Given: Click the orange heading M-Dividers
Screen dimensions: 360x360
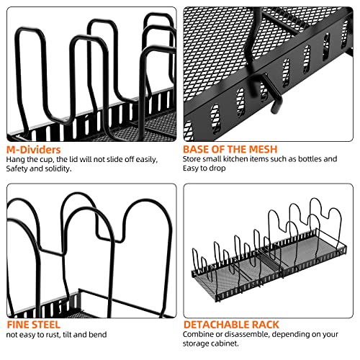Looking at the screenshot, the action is [x=33, y=150].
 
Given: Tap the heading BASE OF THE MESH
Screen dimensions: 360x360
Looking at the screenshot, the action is [x=230, y=149].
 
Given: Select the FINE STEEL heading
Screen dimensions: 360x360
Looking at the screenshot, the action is [x=33, y=325].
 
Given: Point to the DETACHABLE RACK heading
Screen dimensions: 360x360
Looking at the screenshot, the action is [x=231, y=325].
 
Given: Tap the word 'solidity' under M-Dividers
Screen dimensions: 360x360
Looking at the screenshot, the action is [x=58, y=168].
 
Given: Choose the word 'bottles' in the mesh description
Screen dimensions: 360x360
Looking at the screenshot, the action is [x=310, y=159].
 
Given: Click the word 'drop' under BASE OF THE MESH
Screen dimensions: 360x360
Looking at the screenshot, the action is [x=217, y=168].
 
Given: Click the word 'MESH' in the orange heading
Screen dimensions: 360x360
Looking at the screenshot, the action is [x=263, y=149].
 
